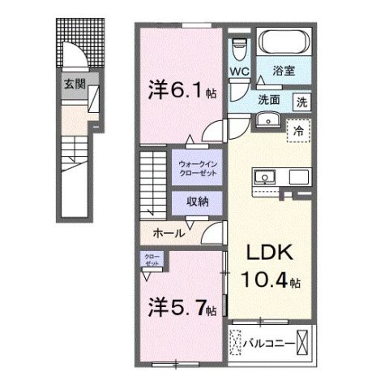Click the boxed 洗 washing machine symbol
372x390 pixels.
point(301,102)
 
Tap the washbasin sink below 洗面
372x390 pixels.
point(269,121)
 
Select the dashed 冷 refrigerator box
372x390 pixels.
point(298,129)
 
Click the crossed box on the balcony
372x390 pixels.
point(302,343)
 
